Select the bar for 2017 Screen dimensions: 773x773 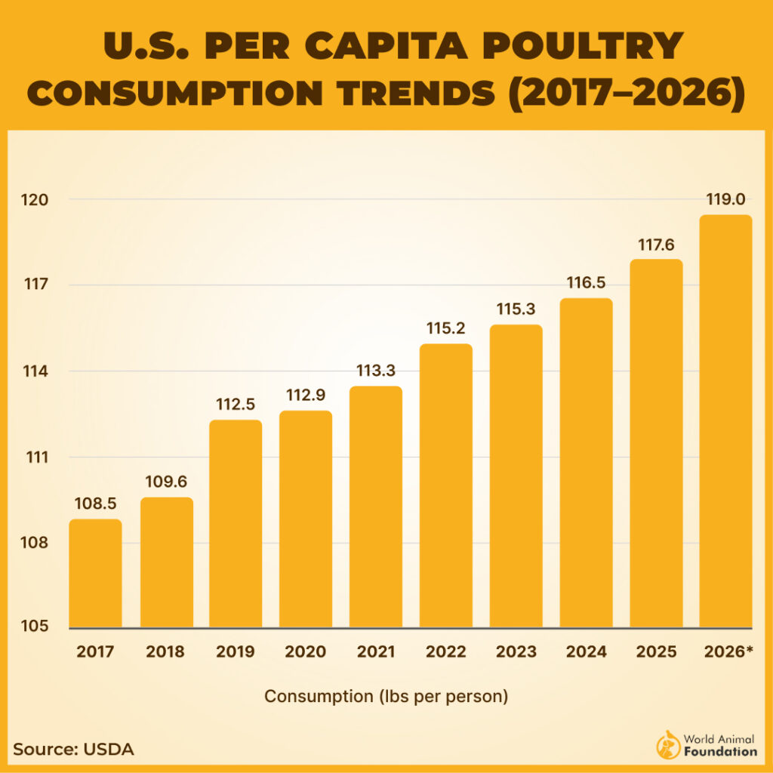[95, 574]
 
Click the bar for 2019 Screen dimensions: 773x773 [236, 524]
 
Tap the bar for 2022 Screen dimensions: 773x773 [445, 486]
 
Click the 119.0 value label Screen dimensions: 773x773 [725, 199]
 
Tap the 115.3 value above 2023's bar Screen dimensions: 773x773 [516, 309]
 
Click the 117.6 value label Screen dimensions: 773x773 [656, 244]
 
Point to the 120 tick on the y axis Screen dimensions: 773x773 [36, 200]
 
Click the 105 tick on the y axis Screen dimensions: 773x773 [36, 627]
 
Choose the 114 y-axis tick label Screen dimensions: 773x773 [36, 371]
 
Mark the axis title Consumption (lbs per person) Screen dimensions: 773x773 [386, 696]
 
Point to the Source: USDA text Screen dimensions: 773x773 [73, 750]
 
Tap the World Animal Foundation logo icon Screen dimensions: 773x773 [668, 744]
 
